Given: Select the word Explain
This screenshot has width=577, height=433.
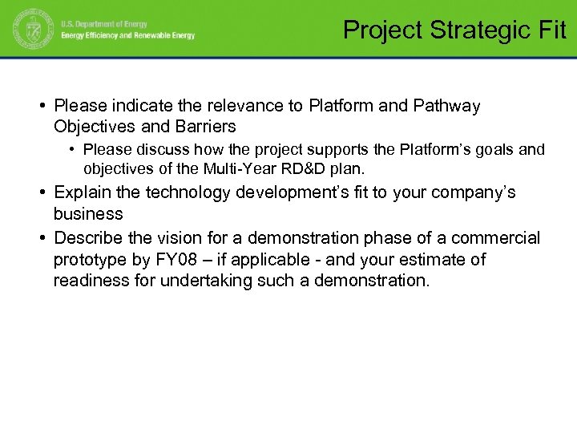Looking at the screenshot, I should click(82, 192).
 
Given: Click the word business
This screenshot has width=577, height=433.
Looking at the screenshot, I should click(88, 214).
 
